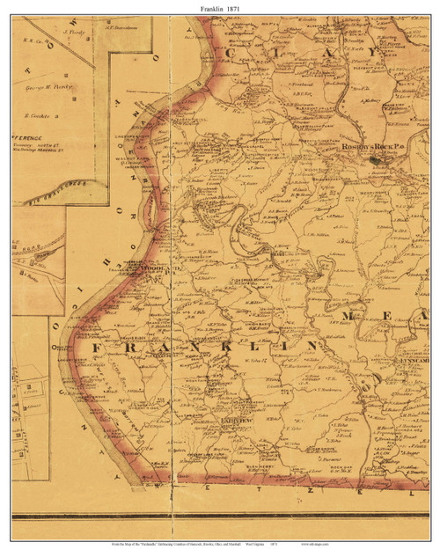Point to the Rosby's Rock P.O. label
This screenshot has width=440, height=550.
[370, 147]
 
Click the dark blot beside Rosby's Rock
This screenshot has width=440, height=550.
[377, 159]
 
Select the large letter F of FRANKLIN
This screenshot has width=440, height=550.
[94, 350]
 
